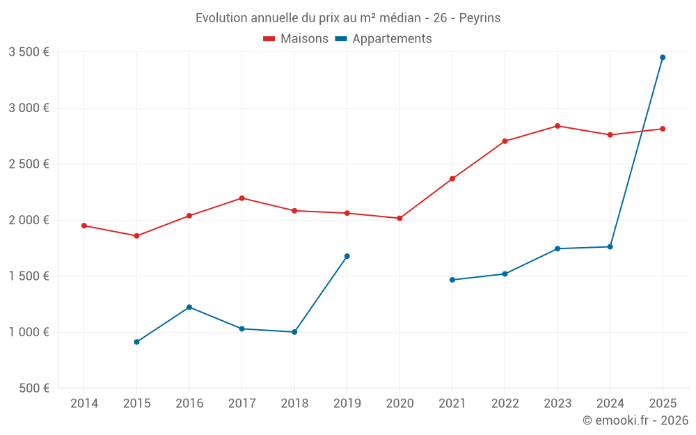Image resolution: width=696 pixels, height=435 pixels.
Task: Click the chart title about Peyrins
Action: pos(348,18)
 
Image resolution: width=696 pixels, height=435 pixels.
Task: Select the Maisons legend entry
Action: pos(296,39)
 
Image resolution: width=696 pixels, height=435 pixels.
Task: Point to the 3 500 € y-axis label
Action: pos(29,52)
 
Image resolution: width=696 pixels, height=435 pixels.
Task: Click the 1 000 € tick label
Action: pos(29,332)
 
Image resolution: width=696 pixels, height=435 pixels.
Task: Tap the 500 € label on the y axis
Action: pos(33,388)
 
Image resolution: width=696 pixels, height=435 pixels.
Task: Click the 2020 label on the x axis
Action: pos(400,404)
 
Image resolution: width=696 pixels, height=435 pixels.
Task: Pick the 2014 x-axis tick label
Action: pos(84,404)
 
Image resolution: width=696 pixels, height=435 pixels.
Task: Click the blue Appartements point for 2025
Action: pos(663,57)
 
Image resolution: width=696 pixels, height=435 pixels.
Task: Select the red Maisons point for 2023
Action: pos(557,126)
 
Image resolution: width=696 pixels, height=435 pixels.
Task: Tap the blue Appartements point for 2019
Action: pos(347,256)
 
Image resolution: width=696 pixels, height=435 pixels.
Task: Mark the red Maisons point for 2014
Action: pos(84,226)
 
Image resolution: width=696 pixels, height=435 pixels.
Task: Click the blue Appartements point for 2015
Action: pos(136,342)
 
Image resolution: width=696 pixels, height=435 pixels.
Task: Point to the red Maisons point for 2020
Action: pos(400,219)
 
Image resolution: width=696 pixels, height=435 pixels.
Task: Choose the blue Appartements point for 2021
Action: pos(452,280)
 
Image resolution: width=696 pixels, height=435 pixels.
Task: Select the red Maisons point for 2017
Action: pos(242,198)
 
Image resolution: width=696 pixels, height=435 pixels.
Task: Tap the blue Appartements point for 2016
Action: pos(189,307)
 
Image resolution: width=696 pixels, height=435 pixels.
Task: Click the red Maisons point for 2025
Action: pos(663,129)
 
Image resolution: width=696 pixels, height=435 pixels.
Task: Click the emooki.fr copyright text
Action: pos(635,420)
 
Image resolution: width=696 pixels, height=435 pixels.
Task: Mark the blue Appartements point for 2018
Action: pos(294,332)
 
